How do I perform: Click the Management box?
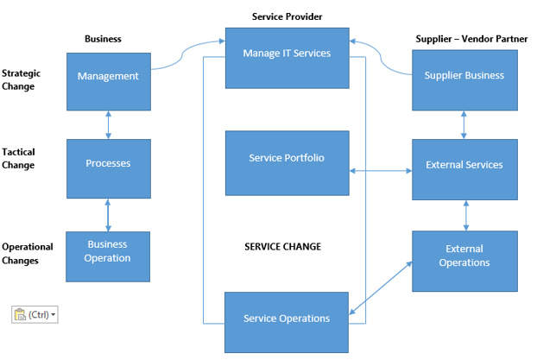click(x=108, y=76)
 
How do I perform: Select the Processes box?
click(x=108, y=163)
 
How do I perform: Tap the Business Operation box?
click(x=108, y=252)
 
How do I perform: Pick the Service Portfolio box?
click(x=287, y=158)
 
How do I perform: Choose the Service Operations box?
click(x=287, y=318)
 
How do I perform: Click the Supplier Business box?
click(x=464, y=76)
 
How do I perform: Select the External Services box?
click(x=464, y=165)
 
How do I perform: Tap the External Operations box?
click(x=464, y=256)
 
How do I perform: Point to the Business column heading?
click(x=103, y=39)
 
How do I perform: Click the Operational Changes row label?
click(x=28, y=253)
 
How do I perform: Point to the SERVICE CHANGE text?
click(x=283, y=247)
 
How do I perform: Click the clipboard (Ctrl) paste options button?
click(x=35, y=314)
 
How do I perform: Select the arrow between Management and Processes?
click(x=108, y=124)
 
